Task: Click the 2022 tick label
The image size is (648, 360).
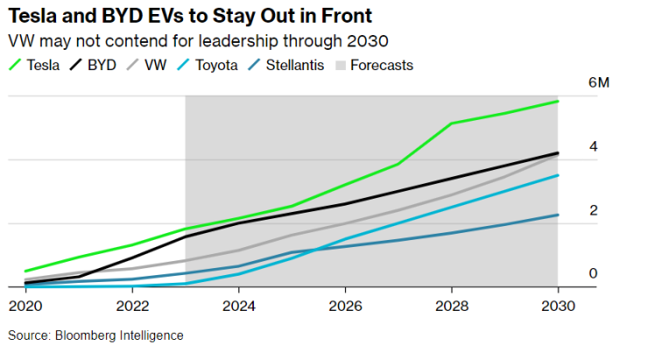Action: click(x=131, y=307)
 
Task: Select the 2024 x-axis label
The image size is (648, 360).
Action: click(x=238, y=307)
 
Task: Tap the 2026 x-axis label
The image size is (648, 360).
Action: click(x=345, y=307)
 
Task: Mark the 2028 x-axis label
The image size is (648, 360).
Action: click(x=452, y=307)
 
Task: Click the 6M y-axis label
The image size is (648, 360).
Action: click(x=599, y=83)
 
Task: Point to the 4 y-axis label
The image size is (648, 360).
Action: click(x=593, y=146)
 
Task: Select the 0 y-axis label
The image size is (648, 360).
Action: click(x=593, y=273)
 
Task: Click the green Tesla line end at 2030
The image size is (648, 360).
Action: click(x=558, y=102)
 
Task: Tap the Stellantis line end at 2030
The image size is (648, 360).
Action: click(x=558, y=215)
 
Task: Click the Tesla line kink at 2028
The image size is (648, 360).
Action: click(x=452, y=124)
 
